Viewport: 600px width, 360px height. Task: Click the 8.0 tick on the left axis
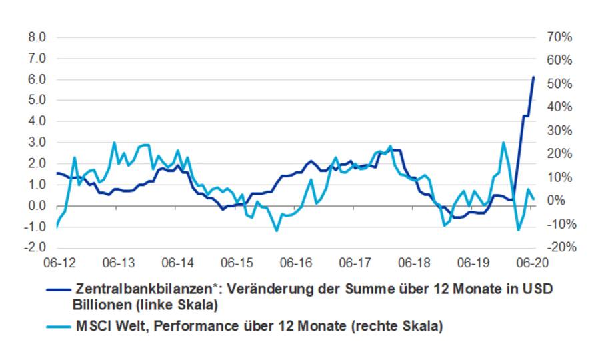(x=37, y=37)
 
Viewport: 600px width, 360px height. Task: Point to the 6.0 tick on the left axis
(x=37, y=79)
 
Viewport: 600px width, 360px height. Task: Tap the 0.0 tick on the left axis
(x=37, y=206)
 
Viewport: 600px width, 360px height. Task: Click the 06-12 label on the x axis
(x=59, y=263)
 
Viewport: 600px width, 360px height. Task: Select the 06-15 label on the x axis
(x=237, y=263)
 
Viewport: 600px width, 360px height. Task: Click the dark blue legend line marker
(x=58, y=290)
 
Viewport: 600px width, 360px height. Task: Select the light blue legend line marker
(x=58, y=327)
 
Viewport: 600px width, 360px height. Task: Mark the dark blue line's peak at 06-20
(x=533, y=77)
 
